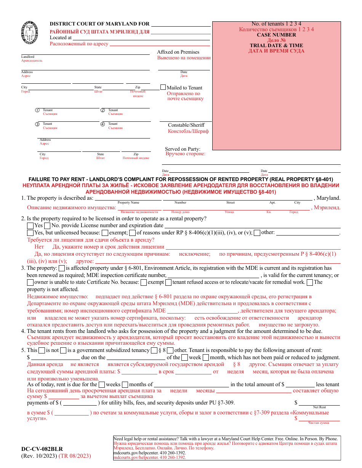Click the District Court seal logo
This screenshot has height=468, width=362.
[30, 32]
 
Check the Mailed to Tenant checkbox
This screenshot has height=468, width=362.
[163, 87]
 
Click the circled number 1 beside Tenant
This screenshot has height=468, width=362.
[37, 110]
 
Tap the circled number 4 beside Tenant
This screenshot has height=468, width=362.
[103, 124]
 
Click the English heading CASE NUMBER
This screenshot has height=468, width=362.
[276, 35]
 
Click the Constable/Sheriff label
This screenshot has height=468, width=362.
[186, 125]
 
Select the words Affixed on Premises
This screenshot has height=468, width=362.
[178, 52]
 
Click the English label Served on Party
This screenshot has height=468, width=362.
[183, 149]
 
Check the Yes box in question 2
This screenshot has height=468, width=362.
[30, 226]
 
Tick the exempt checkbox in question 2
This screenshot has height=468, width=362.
[105, 233]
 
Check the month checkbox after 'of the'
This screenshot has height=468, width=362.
[206, 358]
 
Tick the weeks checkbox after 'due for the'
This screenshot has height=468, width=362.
[102, 385]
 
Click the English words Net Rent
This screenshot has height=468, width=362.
[319, 407]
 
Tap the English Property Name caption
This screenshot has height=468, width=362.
[128, 203]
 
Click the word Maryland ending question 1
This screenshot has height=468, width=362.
[328, 198]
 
